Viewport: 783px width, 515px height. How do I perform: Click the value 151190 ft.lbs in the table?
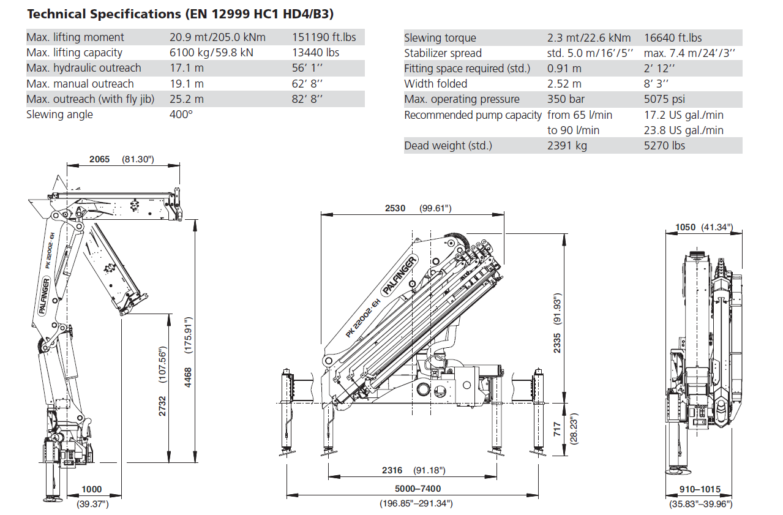coord(324,37)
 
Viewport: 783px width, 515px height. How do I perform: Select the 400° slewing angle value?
coord(181,115)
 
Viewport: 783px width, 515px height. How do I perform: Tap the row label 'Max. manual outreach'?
coord(80,84)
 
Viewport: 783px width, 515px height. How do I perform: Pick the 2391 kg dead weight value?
coord(567,146)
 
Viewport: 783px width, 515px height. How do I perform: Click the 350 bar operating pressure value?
coord(566,99)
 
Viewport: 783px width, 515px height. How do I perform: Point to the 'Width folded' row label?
coord(435,84)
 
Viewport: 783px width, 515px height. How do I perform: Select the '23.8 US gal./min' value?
coord(684,130)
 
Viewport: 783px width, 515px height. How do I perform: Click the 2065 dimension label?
coord(100,159)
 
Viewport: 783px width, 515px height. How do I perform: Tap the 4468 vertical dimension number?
coord(188,377)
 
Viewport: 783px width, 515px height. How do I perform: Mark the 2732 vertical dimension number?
coord(163,406)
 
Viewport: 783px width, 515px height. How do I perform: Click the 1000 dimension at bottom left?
coord(92,489)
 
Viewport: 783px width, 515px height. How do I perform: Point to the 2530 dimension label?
coord(395,208)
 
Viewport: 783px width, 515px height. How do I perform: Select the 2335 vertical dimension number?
coord(557,343)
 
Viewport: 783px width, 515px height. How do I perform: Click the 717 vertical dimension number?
coord(557,429)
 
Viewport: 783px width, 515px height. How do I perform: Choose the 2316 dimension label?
coord(392,470)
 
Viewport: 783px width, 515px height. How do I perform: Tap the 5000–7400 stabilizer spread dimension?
coord(418,489)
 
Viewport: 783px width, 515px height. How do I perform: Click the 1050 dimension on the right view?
coord(686,227)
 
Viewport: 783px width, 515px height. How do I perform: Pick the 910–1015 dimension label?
coord(700,489)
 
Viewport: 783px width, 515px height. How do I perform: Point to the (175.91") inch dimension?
coord(188,336)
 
